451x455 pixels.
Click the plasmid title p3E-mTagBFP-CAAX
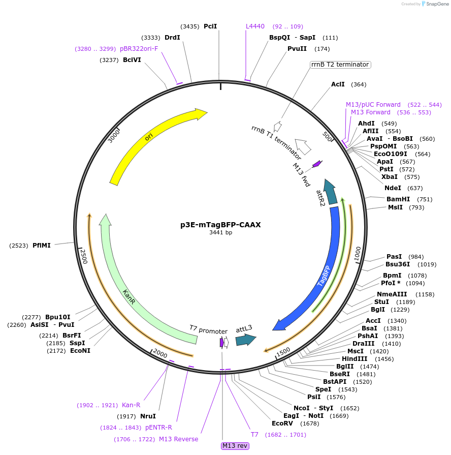point(220,224)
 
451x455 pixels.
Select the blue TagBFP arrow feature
point(325,275)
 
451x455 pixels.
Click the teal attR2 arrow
point(332,192)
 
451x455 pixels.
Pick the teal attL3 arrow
point(245,340)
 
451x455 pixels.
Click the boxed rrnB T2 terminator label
point(340,65)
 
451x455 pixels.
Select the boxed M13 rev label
point(235,446)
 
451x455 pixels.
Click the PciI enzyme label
point(210,26)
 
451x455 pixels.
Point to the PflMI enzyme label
point(42,246)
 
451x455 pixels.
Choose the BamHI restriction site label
point(398,199)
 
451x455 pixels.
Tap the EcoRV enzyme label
point(282,423)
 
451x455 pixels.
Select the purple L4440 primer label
point(255,26)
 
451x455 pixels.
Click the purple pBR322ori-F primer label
point(139,49)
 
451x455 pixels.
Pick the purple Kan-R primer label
point(131,405)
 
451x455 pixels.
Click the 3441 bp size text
point(220,233)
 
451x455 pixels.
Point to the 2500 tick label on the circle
point(84,256)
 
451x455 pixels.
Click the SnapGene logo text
point(437,4)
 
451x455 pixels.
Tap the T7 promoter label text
point(208,330)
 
